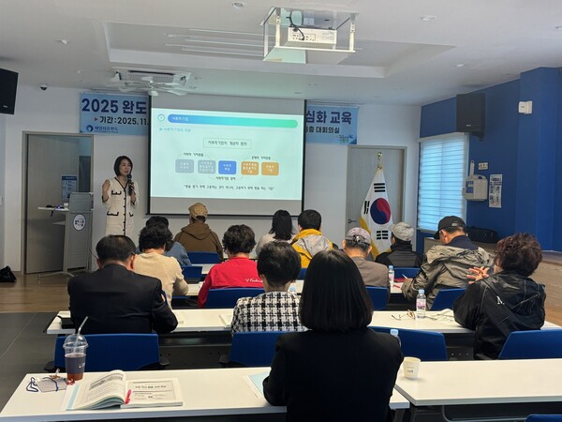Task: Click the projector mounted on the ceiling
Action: click(x=309, y=34)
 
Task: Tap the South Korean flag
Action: click(x=377, y=211)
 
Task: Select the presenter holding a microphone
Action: click(x=120, y=197)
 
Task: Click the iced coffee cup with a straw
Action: click(x=75, y=355)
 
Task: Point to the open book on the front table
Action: click(x=125, y=389)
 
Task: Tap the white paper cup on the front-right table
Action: click(x=411, y=367)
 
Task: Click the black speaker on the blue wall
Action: click(x=470, y=113)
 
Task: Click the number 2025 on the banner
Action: click(x=101, y=106)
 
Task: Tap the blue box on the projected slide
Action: click(x=227, y=167)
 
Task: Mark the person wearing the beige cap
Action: click(x=199, y=230)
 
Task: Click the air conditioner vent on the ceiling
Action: click(x=150, y=81)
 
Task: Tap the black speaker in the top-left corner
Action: click(x=7, y=91)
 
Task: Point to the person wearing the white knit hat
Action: click(x=402, y=246)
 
